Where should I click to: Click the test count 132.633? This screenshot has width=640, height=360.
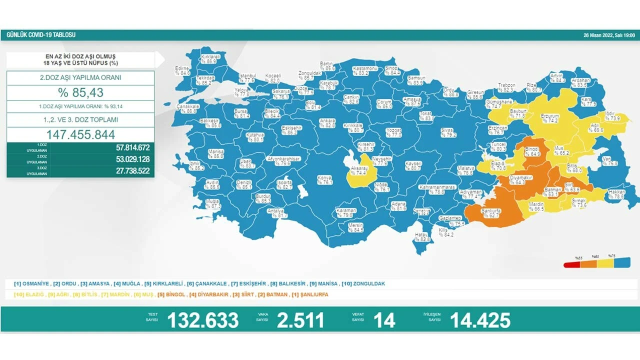[202, 320]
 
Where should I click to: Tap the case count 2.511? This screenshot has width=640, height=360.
[301, 320]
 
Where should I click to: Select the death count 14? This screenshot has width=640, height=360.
[384, 320]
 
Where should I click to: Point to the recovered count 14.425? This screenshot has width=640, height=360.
[480, 320]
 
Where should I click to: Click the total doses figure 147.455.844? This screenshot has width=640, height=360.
[80, 134]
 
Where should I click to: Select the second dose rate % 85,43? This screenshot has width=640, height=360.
[80, 92]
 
